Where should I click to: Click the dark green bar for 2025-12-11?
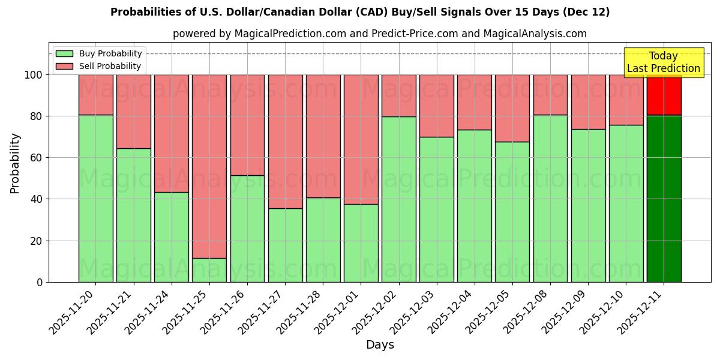pos(664,198)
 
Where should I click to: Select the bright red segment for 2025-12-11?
pos(664,95)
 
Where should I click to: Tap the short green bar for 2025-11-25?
pos(209,270)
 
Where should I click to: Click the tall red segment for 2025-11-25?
pos(209,166)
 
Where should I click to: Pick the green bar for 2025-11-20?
pos(96,198)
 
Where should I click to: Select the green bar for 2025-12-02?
pos(399,199)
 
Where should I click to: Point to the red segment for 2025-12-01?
pos(361,139)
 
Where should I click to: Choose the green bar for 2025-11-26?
pos(247,228)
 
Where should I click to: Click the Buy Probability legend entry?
pos(99,53)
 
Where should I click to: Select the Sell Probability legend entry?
pos(99,66)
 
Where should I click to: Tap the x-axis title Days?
pos(380,345)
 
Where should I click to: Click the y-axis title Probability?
pos(15,163)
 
